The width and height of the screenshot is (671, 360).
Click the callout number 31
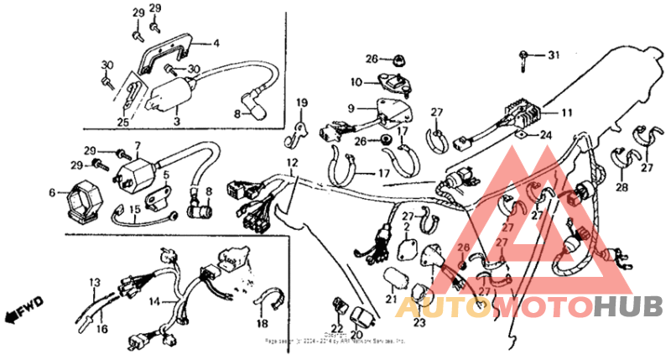click(x=552, y=55)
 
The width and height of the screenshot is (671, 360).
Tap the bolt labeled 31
click(x=524, y=57)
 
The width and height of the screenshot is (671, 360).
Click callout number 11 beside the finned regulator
click(x=567, y=112)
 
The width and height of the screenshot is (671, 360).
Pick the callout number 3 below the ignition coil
click(x=176, y=123)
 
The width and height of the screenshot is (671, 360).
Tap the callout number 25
click(x=123, y=123)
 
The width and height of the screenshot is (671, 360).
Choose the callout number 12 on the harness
click(x=291, y=161)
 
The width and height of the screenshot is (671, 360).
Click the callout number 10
click(x=356, y=82)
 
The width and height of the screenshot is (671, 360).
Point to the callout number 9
click(x=352, y=108)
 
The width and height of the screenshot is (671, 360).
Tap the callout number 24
click(x=545, y=134)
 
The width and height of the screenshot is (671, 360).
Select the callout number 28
click(x=621, y=186)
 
